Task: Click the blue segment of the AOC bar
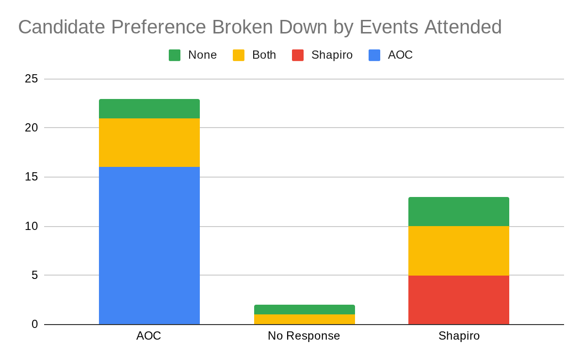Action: [149, 245]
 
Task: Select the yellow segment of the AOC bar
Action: [149, 143]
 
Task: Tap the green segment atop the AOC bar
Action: [149, 109]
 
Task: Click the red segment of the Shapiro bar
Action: [459, 300]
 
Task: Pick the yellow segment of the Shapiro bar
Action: [459, 251]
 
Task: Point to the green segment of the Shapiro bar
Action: [459, 212]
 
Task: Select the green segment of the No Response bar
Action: [305, 310]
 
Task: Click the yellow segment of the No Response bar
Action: [305, 319]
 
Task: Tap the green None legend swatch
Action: [175, 55]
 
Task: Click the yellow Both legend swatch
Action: [239, 55]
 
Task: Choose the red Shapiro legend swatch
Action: [298, 55]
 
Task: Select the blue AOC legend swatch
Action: [374, 55]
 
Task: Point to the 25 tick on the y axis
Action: [32, 79]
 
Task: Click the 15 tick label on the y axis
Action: [32, 177]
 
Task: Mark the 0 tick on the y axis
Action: [35, 324]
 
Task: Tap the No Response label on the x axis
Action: [304, 336]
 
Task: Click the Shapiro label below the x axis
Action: [459, 336]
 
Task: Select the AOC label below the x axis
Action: [148, 336]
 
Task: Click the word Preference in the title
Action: [159, 27]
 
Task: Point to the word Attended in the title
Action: [463, 27]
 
